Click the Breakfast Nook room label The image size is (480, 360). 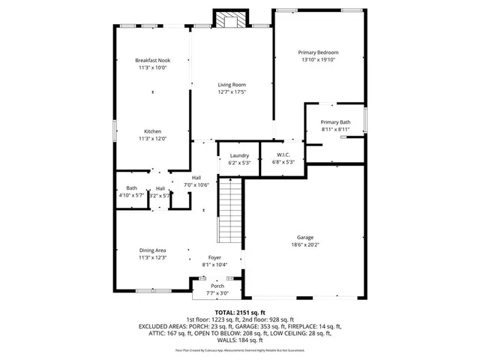point(153,60)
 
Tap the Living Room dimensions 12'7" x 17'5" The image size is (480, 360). point(232,92)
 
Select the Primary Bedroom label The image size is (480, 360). point(318,52)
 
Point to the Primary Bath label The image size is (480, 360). point(335,122)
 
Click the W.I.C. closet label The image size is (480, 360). point(274,155)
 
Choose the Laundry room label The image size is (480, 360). point(239,155)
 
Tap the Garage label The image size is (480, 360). point(304,237)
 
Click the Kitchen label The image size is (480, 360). point(153,130)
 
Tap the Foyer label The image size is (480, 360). point(214,257)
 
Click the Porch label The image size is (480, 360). point(217,286)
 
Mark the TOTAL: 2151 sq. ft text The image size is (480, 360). point(240,312)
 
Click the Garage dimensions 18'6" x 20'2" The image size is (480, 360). point(304,244)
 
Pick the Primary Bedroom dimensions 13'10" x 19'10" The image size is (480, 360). point(318,60)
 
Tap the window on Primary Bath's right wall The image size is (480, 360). point(365,119)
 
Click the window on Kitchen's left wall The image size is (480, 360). point(114,130)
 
